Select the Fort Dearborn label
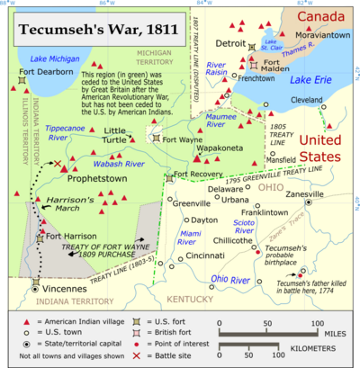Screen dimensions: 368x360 (x=42, y=74)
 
